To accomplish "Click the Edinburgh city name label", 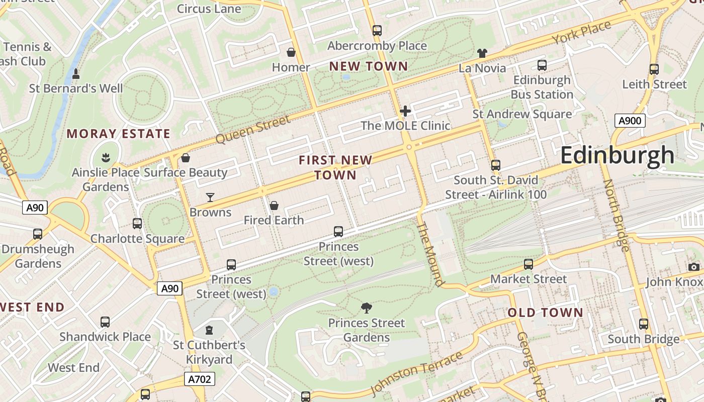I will [617, 155].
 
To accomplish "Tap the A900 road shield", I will [630, 121].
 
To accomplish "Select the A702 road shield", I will [200, 379].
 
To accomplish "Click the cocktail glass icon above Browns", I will [210, 197].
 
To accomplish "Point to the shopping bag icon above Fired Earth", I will [274, 206].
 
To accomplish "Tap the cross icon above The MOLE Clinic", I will [405, 111].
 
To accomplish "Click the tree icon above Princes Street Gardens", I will [367, 308].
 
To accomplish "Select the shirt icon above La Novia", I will [482, 53].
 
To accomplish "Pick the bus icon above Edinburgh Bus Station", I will [542, 65].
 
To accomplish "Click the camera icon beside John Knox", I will [694, 267].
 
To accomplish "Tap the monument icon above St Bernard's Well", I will [76, 74].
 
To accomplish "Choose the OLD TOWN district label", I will [545, 313].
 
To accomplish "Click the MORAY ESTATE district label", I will [119, 134].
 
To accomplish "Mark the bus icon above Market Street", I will [528, 264].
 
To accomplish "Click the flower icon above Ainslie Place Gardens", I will [106, 158].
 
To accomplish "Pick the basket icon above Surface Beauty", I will [186, 158].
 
